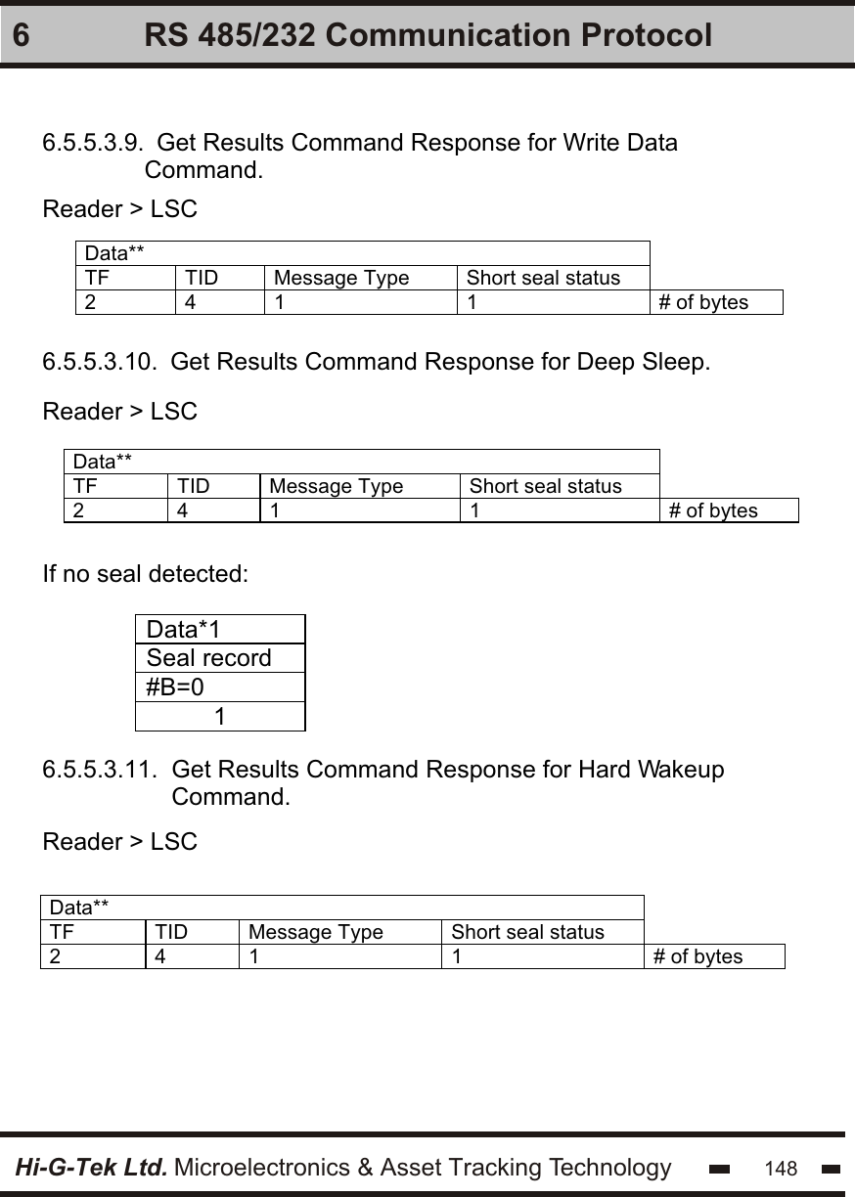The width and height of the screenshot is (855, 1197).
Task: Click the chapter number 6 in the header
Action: pos(22,36)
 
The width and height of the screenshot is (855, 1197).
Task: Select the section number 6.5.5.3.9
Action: pos(96,144)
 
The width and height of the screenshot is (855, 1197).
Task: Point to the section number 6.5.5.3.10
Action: pos(100,363)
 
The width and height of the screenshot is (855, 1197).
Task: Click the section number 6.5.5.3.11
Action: pos(100,770)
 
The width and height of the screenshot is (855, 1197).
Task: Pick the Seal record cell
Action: pos(208,658)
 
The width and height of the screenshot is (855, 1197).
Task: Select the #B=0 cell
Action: pos(176,687)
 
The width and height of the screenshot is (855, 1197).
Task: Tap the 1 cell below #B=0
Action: pos(221,717)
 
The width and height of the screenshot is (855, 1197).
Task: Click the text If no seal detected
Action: pos(145,573)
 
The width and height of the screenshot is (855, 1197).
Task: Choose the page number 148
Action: pos(781,1169)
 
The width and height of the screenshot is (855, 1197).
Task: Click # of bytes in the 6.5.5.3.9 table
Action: pos(703,302)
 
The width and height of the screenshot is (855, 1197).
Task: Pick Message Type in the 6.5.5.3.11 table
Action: pos(316,932)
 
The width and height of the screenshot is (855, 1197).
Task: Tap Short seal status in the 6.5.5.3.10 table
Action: pos(545,486)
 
